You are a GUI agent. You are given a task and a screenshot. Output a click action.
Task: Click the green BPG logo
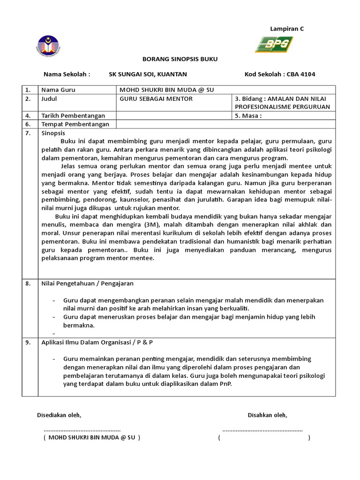274,45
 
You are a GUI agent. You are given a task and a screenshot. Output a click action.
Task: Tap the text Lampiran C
287,29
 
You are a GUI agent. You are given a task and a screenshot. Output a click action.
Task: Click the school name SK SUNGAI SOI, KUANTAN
148,74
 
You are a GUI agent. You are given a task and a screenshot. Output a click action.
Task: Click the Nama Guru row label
58,90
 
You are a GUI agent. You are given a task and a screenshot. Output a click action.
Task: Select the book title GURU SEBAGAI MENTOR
156,98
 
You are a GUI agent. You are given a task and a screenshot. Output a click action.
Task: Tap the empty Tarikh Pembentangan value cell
174,115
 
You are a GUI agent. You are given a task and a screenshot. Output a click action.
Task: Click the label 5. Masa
248,115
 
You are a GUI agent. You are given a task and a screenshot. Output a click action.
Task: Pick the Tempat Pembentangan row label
75,124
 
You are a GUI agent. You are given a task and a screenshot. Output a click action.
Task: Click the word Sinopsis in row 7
53,133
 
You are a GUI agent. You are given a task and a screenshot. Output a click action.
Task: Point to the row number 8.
28,284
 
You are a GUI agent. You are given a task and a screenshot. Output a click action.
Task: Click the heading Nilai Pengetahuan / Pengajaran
88,284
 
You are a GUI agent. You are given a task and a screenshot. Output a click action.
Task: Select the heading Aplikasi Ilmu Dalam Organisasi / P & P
97,342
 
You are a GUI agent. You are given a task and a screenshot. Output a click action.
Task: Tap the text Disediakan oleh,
59,415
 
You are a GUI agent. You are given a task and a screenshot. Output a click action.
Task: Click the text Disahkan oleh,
267,415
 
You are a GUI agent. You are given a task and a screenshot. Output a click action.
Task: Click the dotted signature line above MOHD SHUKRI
82,429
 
